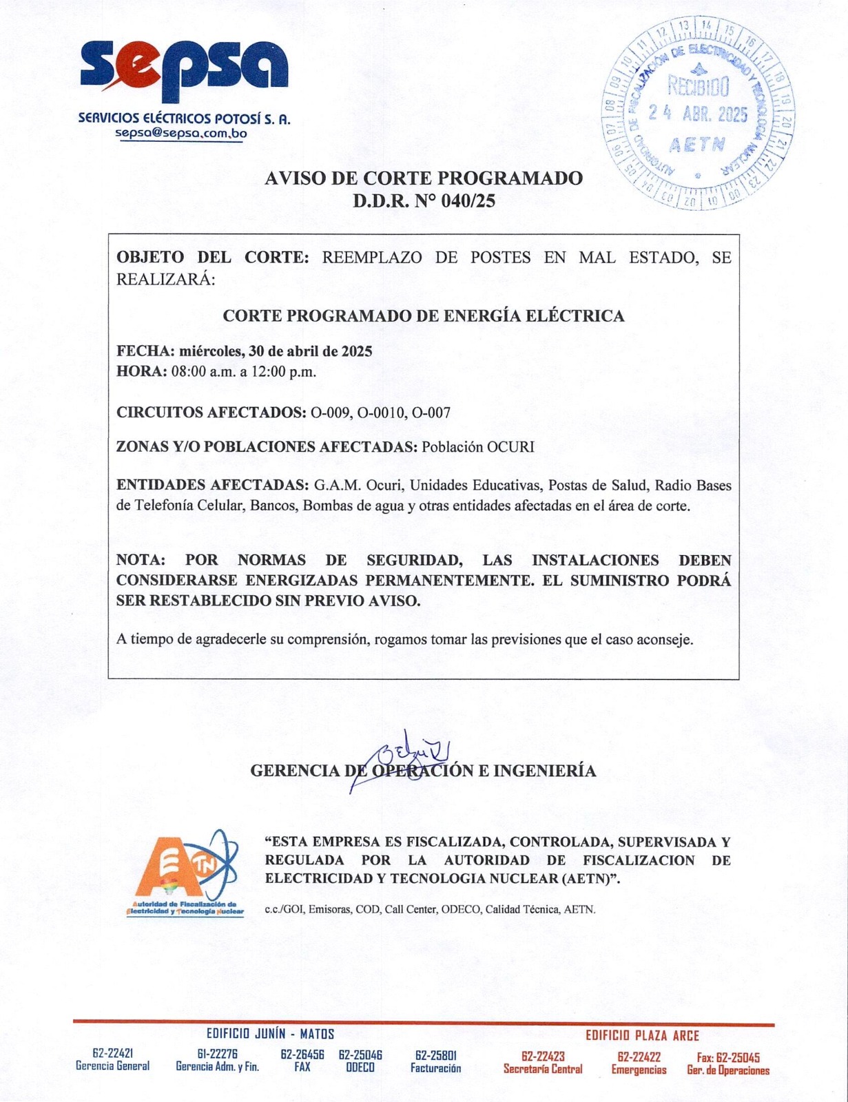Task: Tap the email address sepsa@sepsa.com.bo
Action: pos(180,134)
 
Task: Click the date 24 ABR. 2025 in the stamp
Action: pos(698,114)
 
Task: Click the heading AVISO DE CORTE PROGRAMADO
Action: pos(424,178)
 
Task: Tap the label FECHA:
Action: pos(141,351)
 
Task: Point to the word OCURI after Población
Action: pos(510,446)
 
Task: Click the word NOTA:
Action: pos(141,560)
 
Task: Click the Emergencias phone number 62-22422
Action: pos(639,1057)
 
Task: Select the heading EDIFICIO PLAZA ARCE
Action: pos(642,1035)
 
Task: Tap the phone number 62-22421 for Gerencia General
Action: pos(112,1053)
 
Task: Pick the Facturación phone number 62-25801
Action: pos(435,1055)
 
